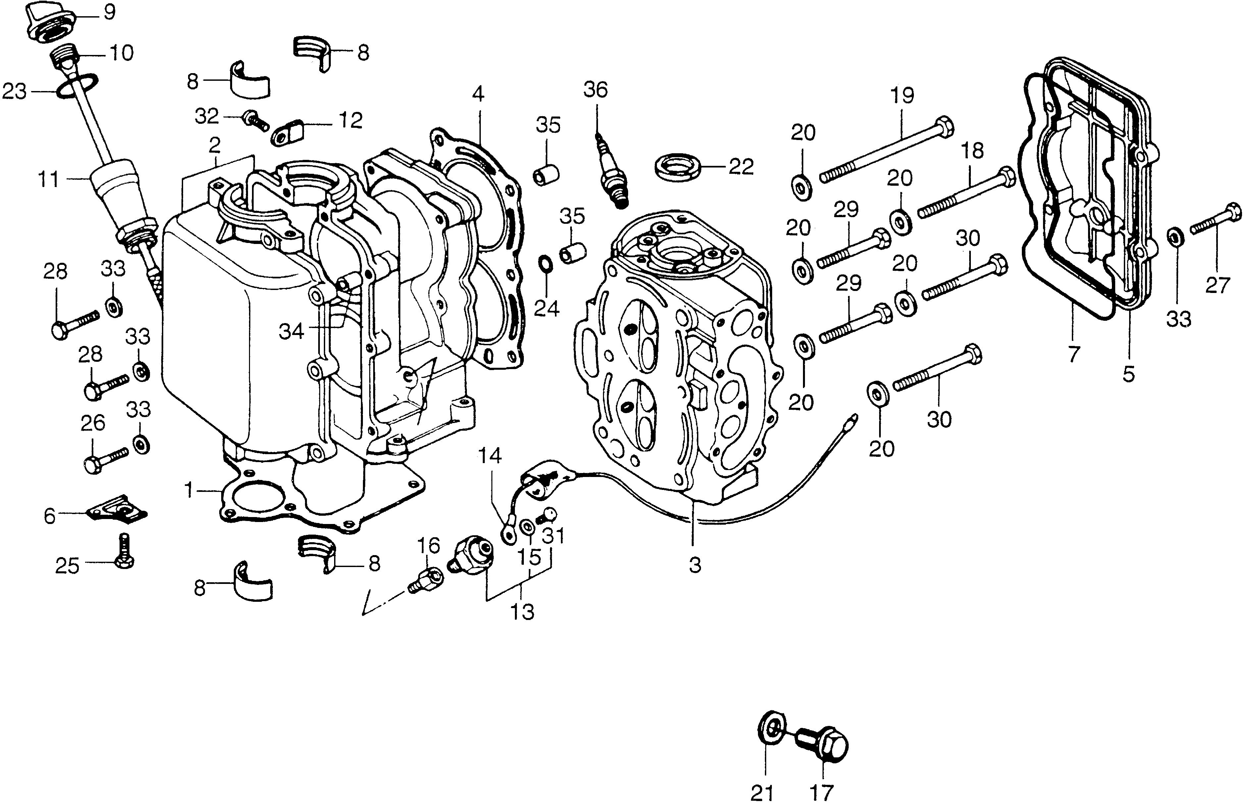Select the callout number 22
coord(741,167)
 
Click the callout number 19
coord(902,96)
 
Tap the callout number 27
coord(1217,285)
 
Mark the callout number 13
coord(523,611)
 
